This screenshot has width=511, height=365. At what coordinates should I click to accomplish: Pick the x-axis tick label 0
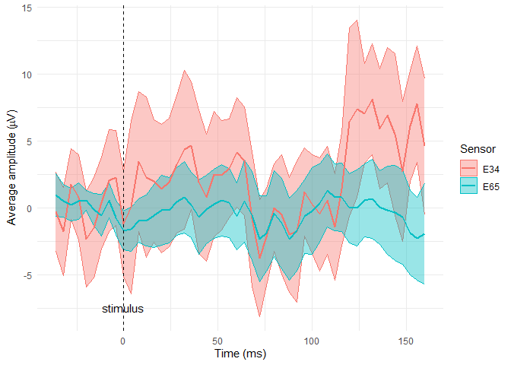tap(123, 340)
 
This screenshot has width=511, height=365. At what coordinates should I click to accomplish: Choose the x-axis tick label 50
tap(217, 340)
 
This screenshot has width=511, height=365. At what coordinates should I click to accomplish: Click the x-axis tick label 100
tap(312, 340)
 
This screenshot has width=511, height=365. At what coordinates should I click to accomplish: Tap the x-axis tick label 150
tap(406, 340)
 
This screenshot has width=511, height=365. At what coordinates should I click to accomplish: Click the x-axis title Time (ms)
tap(240, 354)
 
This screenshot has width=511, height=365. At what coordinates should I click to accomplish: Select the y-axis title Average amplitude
tap(11, 168)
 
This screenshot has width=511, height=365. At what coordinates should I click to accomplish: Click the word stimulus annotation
tap(123, 309)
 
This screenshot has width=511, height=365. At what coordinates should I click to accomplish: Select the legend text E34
tap(491, 169)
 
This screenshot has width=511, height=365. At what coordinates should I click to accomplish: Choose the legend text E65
tap(491, 186)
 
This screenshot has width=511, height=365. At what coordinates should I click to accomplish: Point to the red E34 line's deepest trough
tap(260, 258)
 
